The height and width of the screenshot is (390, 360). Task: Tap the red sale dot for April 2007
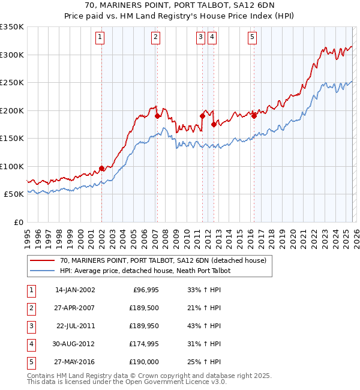157,117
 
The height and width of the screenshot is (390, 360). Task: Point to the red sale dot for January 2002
101,169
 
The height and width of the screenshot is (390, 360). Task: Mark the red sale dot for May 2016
254,116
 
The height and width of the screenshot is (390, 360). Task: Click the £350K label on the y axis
12,27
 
